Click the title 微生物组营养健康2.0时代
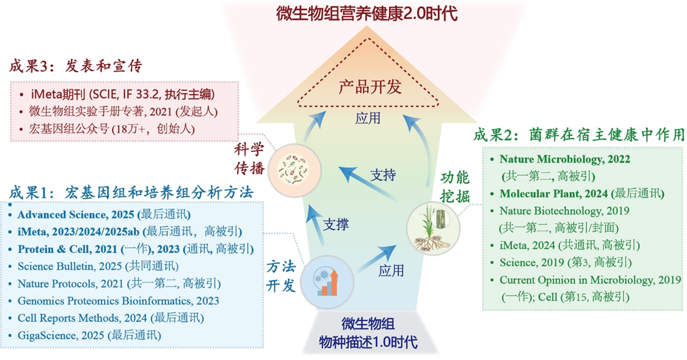pos(367,13)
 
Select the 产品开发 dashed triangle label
pos(366,87)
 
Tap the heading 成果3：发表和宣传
pos(75,66)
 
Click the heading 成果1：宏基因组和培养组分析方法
pos(132,191)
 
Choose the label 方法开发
pos(281,276)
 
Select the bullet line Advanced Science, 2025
pos(105,214)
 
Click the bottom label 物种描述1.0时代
pos(368,343)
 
